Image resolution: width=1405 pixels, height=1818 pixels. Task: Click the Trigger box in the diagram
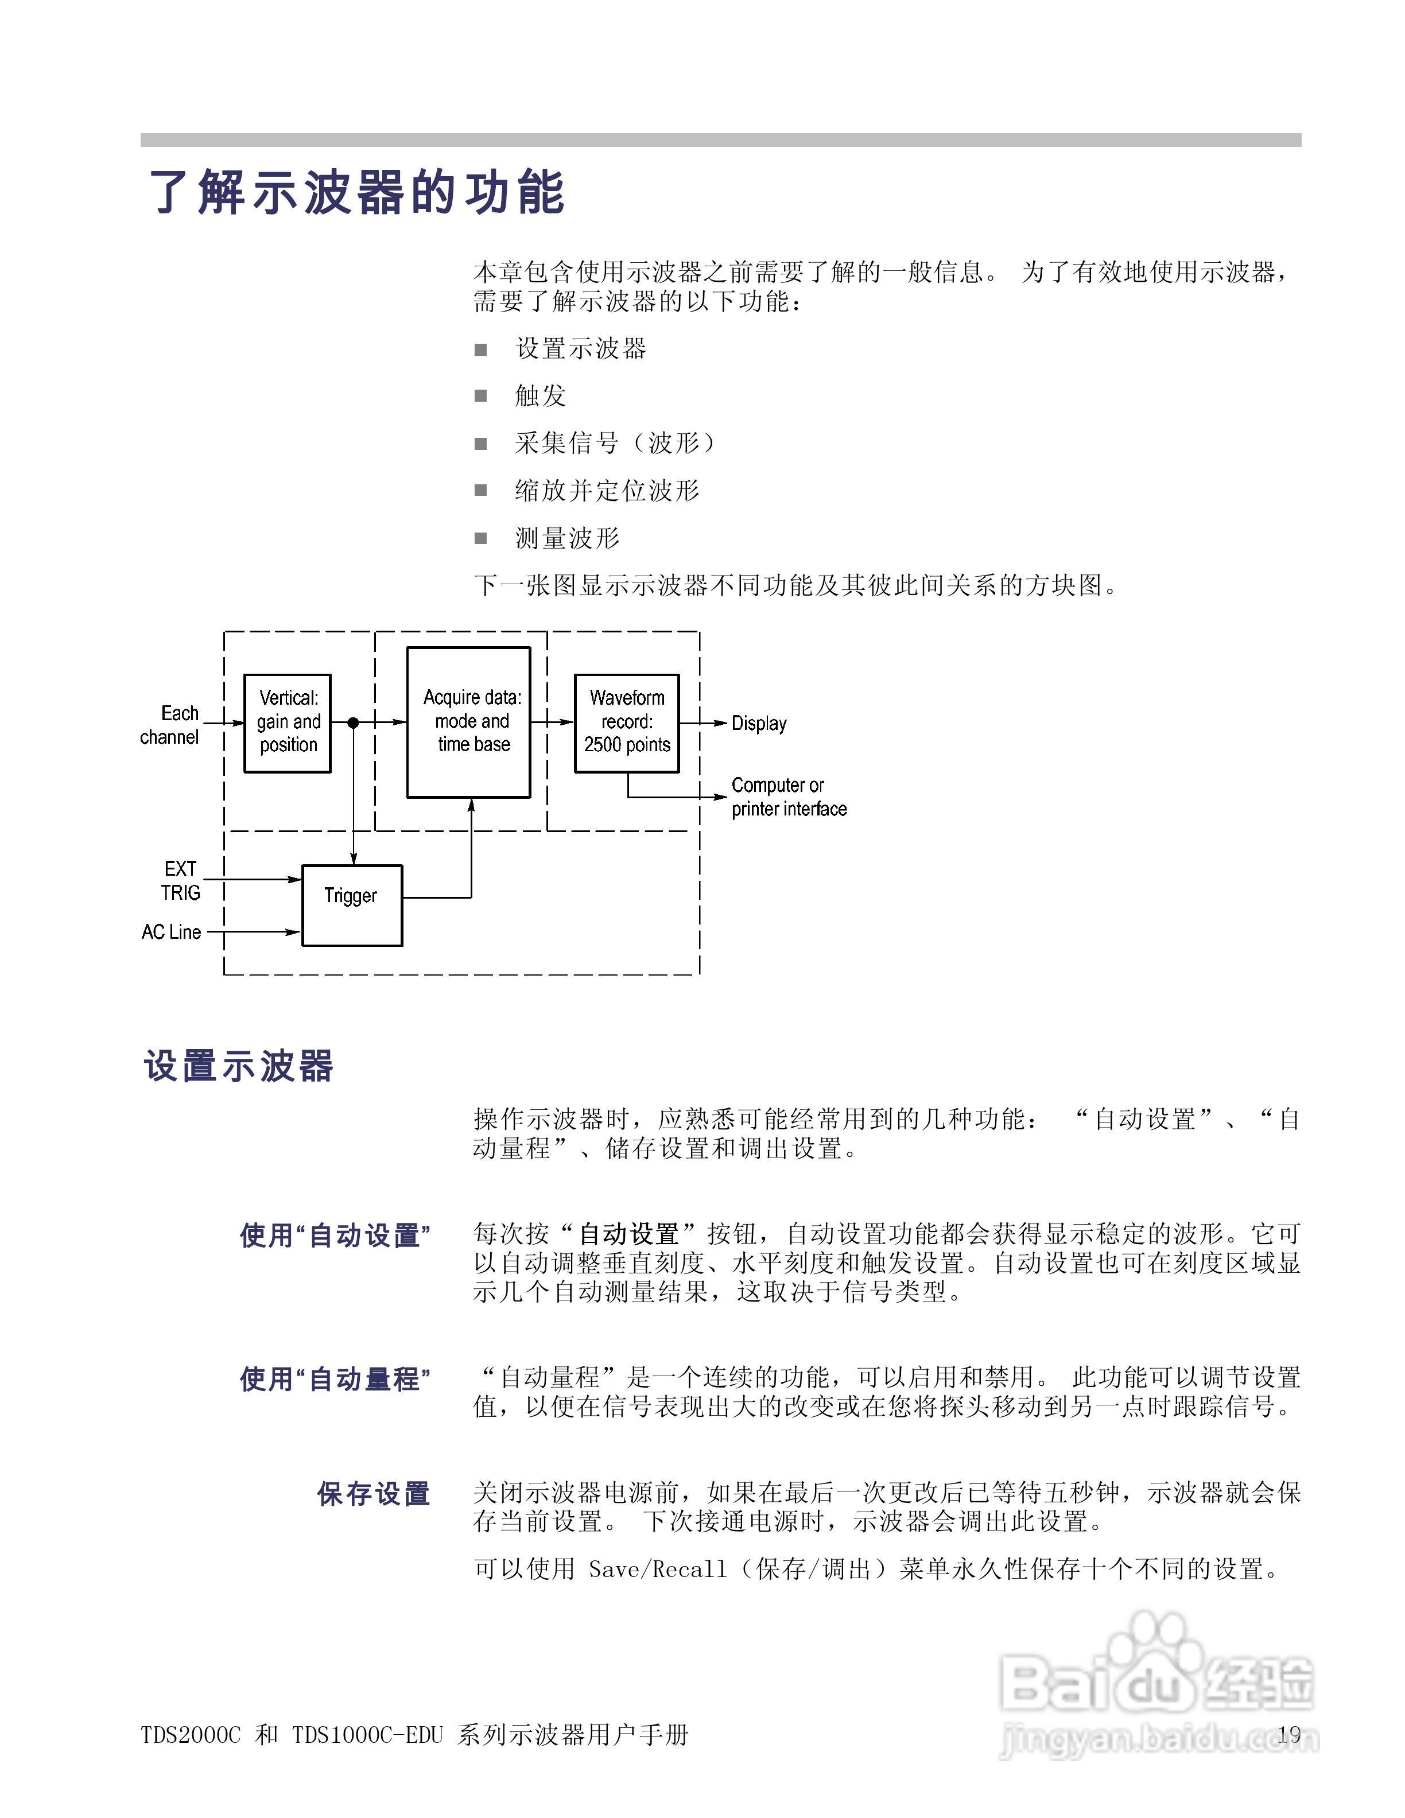coord(351,905)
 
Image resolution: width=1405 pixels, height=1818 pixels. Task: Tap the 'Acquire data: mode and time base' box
coord(468,722)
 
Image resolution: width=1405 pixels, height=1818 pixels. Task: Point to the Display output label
coord(758,724)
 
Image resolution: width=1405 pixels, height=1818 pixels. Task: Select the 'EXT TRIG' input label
coord(180,881)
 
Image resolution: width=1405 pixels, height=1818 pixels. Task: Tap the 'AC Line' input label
coord(172,933)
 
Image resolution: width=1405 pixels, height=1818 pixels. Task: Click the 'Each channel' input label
coord(170,725)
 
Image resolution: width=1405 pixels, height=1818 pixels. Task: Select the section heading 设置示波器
coord(239,1066)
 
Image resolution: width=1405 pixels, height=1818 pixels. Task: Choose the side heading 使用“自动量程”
coord(335,1380)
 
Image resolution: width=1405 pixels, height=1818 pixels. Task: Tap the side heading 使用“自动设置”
coord(335,1236)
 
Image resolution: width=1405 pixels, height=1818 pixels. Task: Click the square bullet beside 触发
coord(480,395)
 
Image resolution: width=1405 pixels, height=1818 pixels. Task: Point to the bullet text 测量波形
coord(567,539)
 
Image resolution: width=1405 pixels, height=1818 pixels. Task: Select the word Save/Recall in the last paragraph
coord(658,1569)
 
